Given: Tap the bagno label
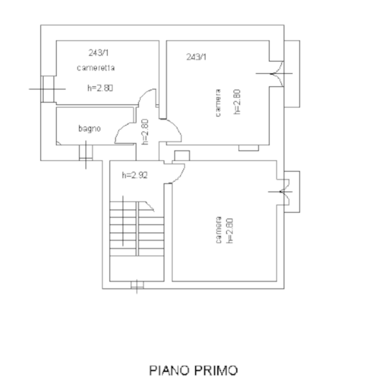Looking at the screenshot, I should [x=89, y=129].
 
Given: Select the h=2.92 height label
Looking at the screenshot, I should [x=135, y=174].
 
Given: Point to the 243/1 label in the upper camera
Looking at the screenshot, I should [x=195, y=57].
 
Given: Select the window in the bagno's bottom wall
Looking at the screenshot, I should [x=85, y=150].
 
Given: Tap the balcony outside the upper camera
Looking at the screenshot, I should [x=291, y=73].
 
